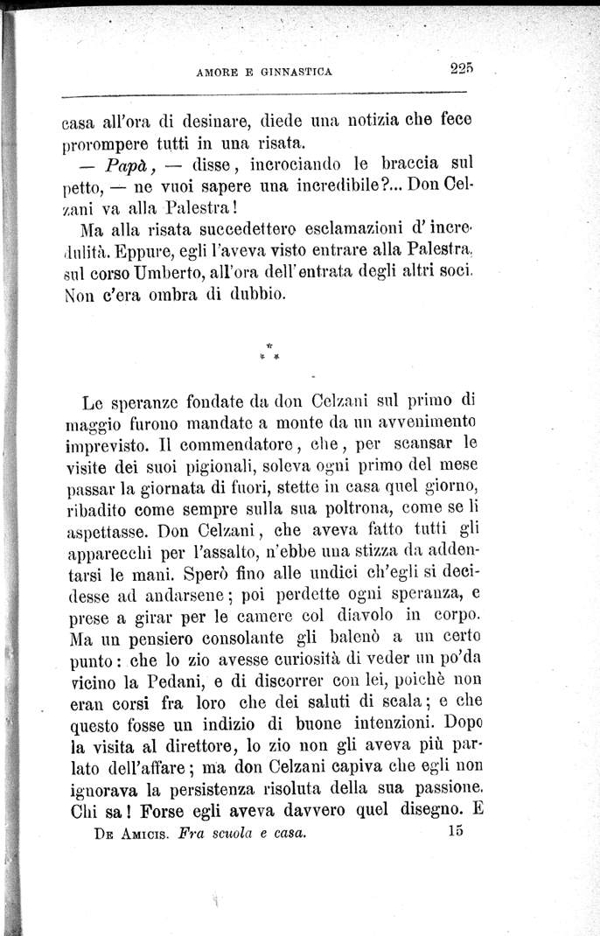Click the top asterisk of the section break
(x=269, y=346)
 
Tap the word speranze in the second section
(x=141, y=403)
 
